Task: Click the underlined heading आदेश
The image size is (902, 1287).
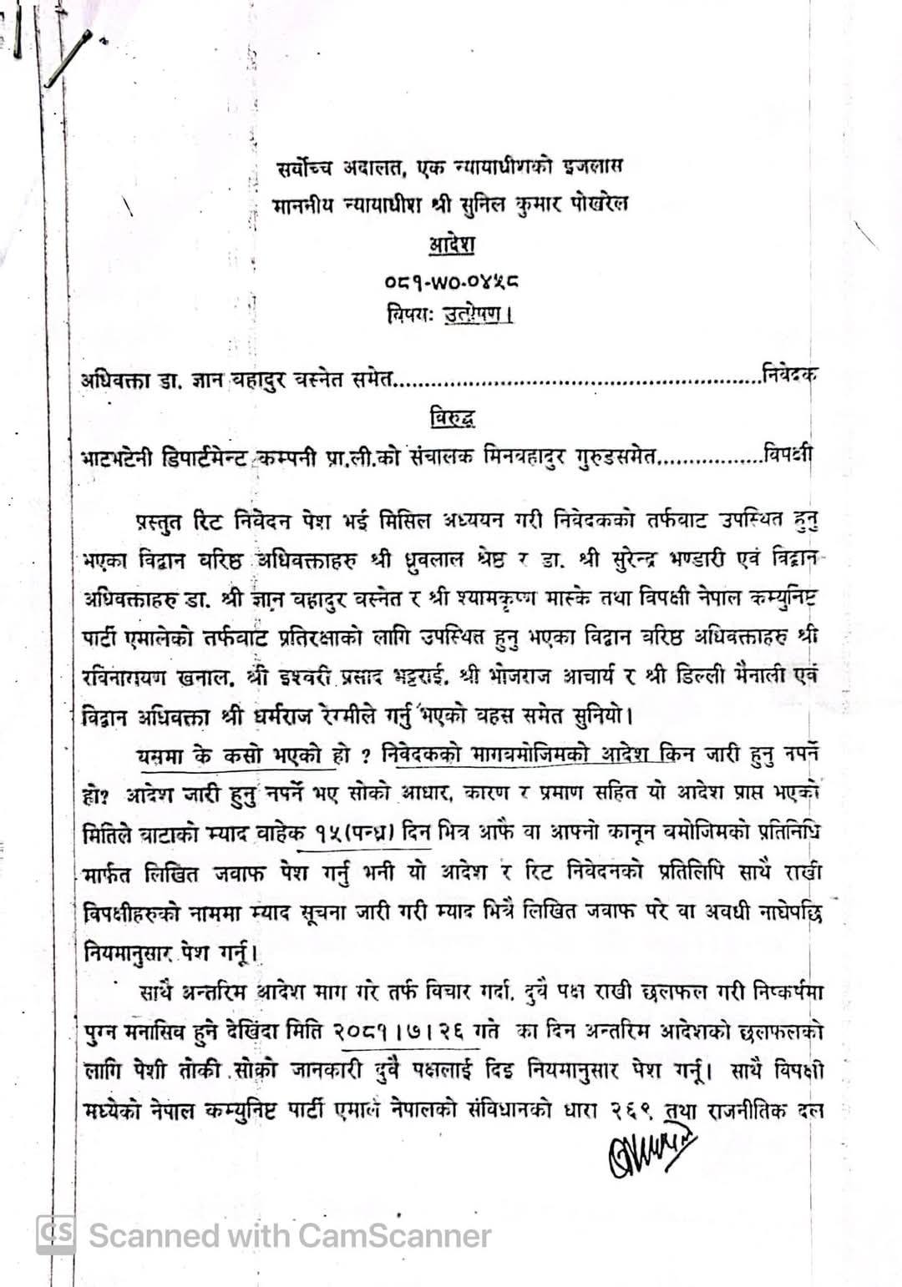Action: [x=452, y=245]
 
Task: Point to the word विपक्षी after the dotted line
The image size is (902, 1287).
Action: [x=788, y=456]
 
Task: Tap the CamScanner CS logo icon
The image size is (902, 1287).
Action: [x=56, y=1234]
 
